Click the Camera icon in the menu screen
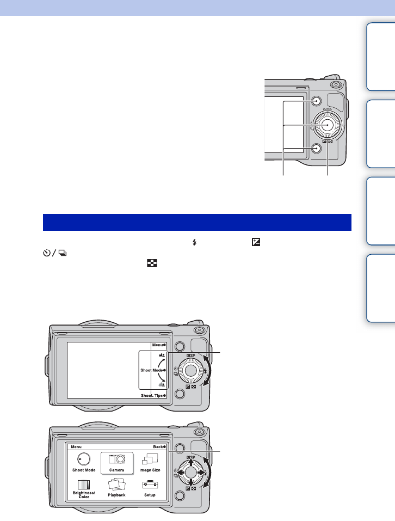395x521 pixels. coord(117,459)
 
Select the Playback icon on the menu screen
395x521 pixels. coord(117,485)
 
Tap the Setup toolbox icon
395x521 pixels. coord(150,485)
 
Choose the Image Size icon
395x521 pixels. coord(150,459)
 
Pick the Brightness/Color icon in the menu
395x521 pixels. coord(84,485)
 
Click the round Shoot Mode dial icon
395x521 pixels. coord(84,459)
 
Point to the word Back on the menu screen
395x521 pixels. coord(158,447)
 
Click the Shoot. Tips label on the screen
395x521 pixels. coord(152,395)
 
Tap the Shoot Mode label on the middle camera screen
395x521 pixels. coord(151,370)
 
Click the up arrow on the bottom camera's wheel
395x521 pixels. coord(190,462)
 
